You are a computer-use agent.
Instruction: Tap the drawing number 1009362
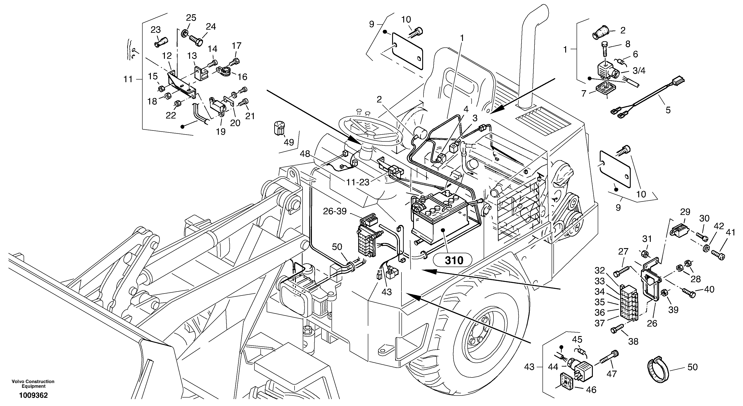click(x=33, y=395)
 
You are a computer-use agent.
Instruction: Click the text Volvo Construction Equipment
click(x=33, y=384)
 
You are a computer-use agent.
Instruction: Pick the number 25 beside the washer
click(x=191, y=18)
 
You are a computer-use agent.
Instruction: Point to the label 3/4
click(x=639, y=70)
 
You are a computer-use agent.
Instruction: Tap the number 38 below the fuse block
click(x=633, y=342)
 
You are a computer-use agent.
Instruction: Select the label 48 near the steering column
click(x=305, y=154)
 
